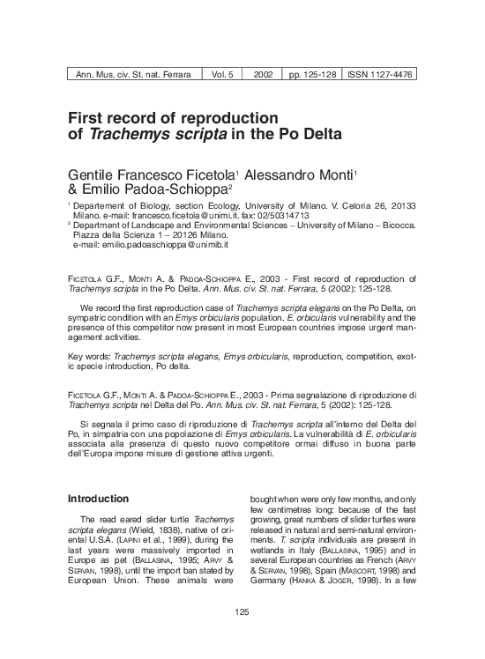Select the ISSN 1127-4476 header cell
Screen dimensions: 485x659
[x=379, y=76]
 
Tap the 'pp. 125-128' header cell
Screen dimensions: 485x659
[x=313, y=76]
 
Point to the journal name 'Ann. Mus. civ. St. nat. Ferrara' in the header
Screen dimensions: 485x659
[x=135, y=76]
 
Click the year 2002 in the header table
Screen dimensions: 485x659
[x=262, y=76]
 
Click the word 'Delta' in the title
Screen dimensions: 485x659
[x=316, y=135]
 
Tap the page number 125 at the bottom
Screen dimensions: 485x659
[x=242, y=637]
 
